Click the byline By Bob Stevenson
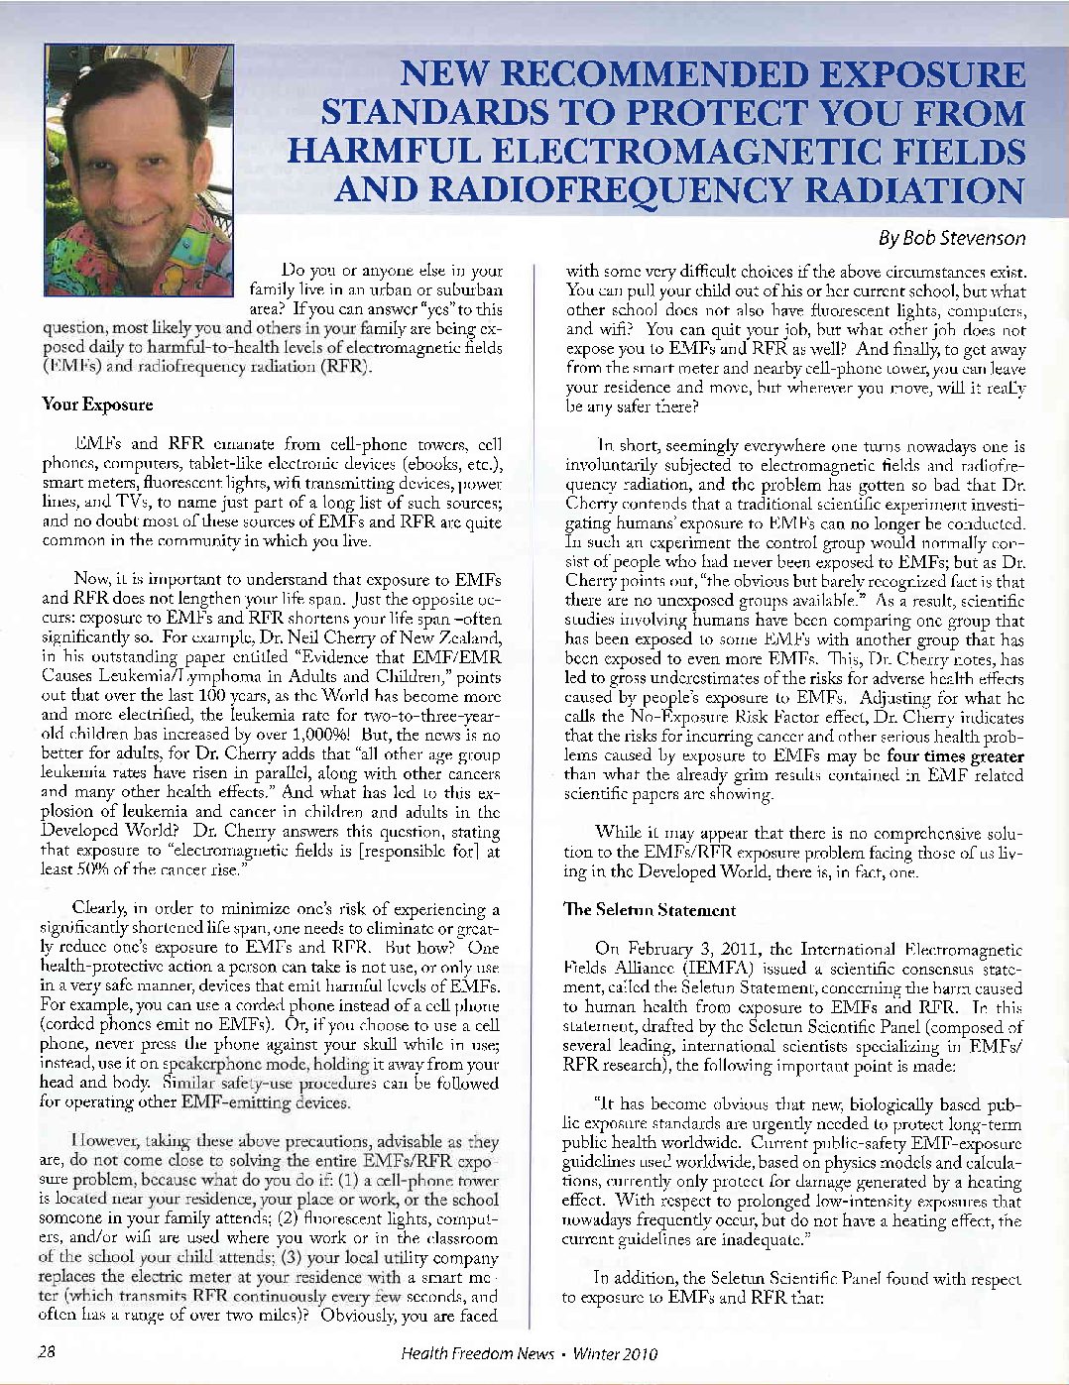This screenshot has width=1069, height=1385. pyautogui.click(x=952, y=238)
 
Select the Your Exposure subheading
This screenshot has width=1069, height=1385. pyautogui.click(x=97, y=404)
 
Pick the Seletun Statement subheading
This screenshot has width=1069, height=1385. pyautogui.click(x=650, y=910)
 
